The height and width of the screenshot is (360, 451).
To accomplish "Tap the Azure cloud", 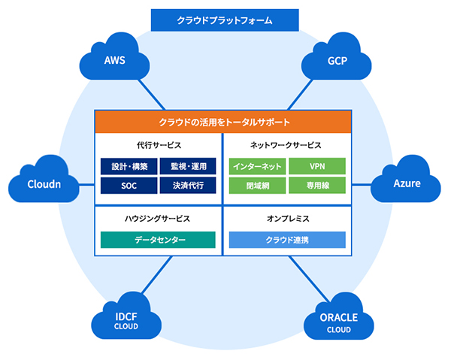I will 407,183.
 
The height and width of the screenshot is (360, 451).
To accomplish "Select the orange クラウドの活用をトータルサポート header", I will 223,121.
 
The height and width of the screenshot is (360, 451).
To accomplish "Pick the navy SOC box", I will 129,184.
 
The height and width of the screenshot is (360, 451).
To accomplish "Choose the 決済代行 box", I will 188,184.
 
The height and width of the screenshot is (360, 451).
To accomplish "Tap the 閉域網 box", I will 258,184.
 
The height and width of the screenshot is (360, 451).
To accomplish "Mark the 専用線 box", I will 316,184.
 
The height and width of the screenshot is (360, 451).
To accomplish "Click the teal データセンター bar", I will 159,240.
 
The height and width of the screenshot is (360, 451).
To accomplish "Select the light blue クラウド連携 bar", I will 287,240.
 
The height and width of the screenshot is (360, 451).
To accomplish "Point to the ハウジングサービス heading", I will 159,219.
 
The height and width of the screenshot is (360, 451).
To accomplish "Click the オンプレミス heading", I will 287,219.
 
